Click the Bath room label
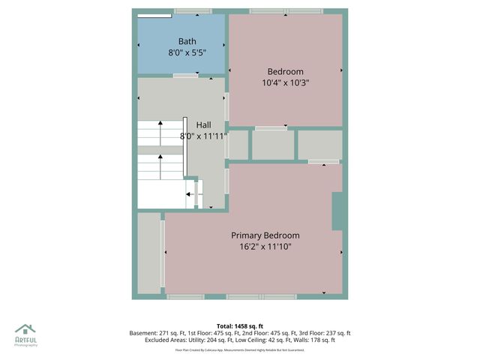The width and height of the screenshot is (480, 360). coord(187,40)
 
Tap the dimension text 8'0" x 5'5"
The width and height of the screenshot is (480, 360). coord(187,53)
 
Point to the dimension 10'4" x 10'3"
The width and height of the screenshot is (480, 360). coord(285,83)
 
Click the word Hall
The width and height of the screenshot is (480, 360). coord(203,124)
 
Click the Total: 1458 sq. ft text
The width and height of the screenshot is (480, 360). coord(240,325)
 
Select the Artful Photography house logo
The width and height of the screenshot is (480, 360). coord(25,328)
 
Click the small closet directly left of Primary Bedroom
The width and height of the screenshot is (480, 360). coord(148,253)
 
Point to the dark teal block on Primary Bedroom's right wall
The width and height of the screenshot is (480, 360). coord(337,210)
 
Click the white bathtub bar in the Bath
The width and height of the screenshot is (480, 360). coord(154,14)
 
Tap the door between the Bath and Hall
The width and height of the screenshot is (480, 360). coord(185,76)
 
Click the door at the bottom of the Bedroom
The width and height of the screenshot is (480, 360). coord(271,128)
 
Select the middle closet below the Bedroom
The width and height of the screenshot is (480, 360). coord(272,145)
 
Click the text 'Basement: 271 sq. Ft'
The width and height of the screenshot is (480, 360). coord(160,333)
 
